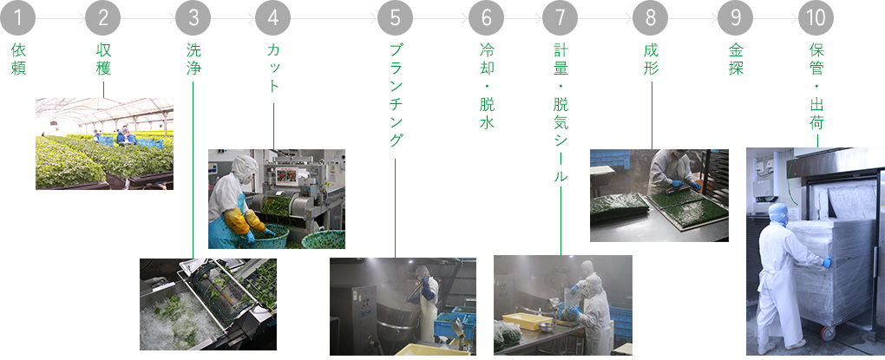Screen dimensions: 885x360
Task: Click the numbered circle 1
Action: coord(18,18)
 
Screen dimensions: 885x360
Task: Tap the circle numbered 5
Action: coord(395,18)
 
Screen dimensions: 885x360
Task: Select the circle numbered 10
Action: coord(816,18)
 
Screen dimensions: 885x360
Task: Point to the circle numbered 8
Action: coord(651,18)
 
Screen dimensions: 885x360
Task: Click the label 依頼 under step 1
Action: coord(18,59)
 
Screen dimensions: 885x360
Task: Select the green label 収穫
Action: coord(103,59)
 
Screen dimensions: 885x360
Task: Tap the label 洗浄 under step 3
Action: coord(193,59)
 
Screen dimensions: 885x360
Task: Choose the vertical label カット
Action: coord(273,68)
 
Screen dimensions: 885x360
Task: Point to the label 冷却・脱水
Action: coord(487,86)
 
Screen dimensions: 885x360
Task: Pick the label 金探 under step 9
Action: coord(736,59)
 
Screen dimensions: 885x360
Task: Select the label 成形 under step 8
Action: coord(651,59)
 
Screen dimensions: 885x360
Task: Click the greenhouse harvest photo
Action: coord(104,144)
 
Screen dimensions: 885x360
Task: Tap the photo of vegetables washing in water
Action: coord(208,304)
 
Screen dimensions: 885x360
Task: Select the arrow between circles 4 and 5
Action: coord(335,18)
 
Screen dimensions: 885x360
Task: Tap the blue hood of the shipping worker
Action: coord(777,214)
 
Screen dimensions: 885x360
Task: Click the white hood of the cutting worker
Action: coord(243,167)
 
